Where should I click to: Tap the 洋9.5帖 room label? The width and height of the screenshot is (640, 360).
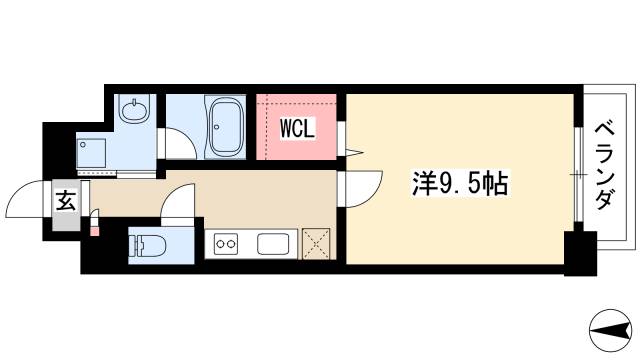[461, 182]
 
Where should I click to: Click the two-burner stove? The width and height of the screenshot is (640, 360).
[223, 243]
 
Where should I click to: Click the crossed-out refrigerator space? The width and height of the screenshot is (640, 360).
[318, 243]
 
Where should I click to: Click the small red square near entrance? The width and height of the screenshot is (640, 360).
[95, 232]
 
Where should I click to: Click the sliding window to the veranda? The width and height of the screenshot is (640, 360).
[578, 176]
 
